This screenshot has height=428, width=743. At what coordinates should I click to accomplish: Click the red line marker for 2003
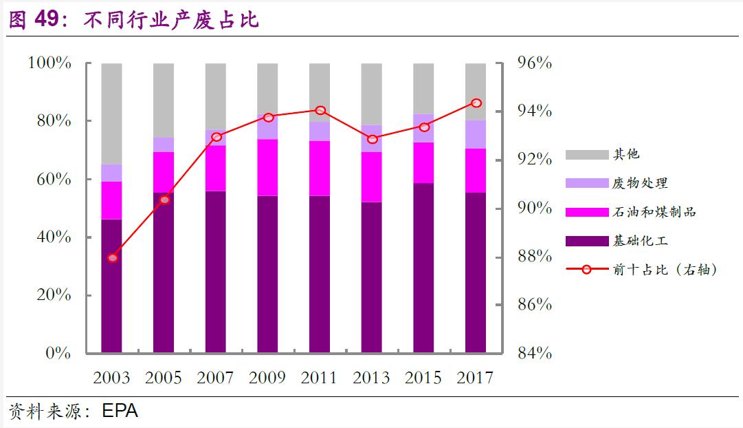point(113,258)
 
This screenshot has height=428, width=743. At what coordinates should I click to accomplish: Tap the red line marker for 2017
point(476,103)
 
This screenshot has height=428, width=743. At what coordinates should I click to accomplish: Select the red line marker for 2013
point(373,139)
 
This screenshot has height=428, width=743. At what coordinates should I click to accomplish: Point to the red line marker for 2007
point(217,137)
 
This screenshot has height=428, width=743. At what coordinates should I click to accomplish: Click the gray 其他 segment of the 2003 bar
point(111,114)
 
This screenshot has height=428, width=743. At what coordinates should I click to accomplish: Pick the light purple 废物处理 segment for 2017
point(476,134)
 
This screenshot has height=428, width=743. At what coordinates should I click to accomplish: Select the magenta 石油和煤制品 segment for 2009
point(267,167)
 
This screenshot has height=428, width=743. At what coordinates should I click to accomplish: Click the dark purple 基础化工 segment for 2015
point(423,268)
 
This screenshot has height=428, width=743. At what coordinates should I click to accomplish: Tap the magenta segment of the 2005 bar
point(164,172)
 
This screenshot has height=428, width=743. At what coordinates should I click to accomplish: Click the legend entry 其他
point(626,154)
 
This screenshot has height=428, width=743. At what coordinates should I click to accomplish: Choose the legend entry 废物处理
point(640,183)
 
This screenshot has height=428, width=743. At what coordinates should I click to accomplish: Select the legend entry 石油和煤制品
point(654,212)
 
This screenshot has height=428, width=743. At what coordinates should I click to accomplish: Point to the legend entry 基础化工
point(640,241)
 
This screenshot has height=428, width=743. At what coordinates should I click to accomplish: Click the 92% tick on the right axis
point(534,160)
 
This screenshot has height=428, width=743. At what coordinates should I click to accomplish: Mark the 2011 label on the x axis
point(320,377)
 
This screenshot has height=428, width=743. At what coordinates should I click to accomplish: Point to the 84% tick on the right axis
point(534,353)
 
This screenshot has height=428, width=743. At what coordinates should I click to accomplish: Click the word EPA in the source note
point(120,411)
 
